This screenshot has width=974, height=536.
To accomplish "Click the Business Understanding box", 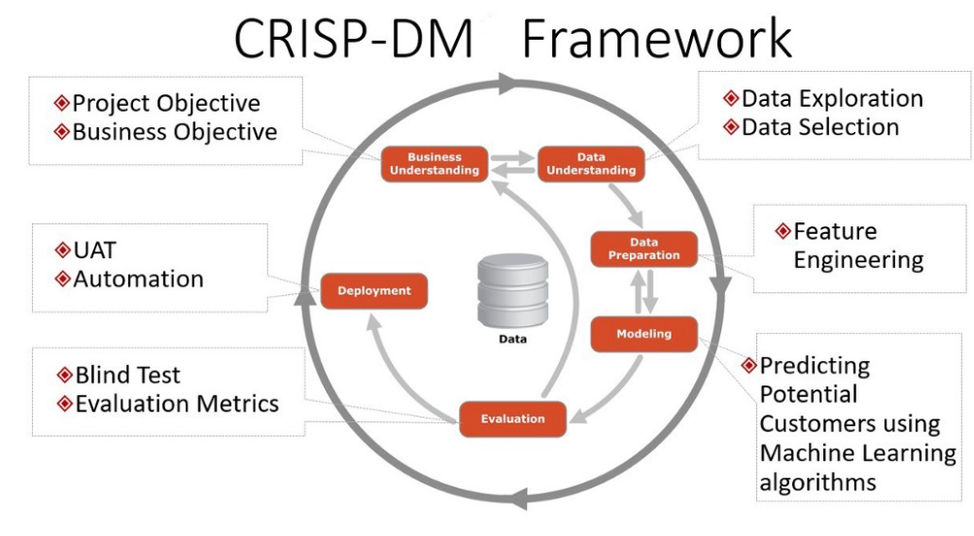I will coord(434,163).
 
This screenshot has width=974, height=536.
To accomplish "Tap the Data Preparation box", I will coord(644,249).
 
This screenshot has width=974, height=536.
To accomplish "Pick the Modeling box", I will coord(644,334).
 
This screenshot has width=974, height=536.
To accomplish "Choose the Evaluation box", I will coord(512,419).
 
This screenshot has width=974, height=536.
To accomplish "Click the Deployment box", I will coord(373,290).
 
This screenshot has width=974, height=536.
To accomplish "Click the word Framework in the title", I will coord(656,41).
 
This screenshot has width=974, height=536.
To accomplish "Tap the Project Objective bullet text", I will coord(166,103).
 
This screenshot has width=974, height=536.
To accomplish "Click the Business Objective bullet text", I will coord(174,131).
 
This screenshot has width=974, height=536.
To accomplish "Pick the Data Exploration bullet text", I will coord(831,98).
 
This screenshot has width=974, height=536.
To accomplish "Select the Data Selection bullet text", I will coord(819,126).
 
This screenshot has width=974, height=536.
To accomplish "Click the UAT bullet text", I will coord(94,251).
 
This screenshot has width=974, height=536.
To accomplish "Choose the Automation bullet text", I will coord(138,279).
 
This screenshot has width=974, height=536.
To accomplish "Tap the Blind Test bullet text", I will coord(127,375).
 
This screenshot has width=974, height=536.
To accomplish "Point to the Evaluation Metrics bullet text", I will coord(176,403).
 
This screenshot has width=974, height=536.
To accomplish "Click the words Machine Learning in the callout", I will coord(857,452).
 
